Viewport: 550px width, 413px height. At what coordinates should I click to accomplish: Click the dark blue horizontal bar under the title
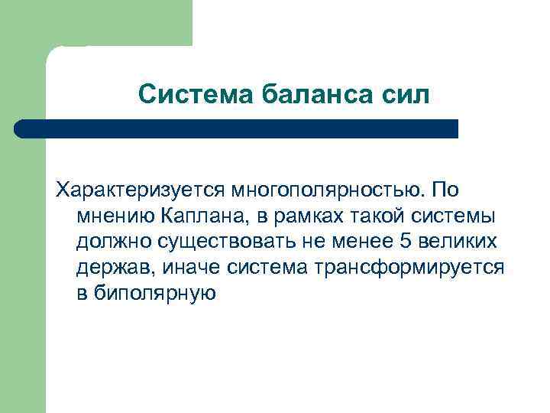coord(237,128)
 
